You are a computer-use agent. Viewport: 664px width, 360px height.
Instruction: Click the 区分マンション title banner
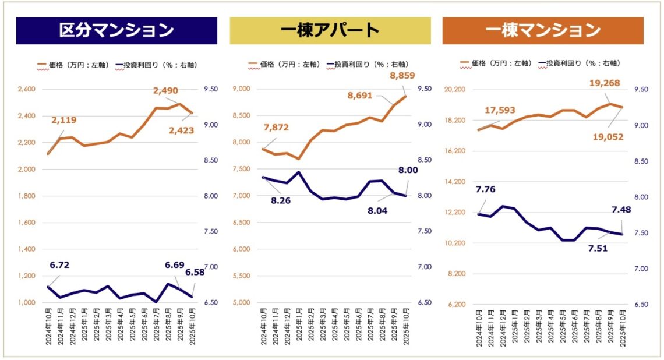coord(116,30)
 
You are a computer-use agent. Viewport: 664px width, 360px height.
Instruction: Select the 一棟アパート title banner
coord(330,30)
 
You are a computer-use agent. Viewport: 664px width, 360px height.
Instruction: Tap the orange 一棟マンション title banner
coord(542,30)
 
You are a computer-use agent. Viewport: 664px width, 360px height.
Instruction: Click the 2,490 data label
coord(165,91)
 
